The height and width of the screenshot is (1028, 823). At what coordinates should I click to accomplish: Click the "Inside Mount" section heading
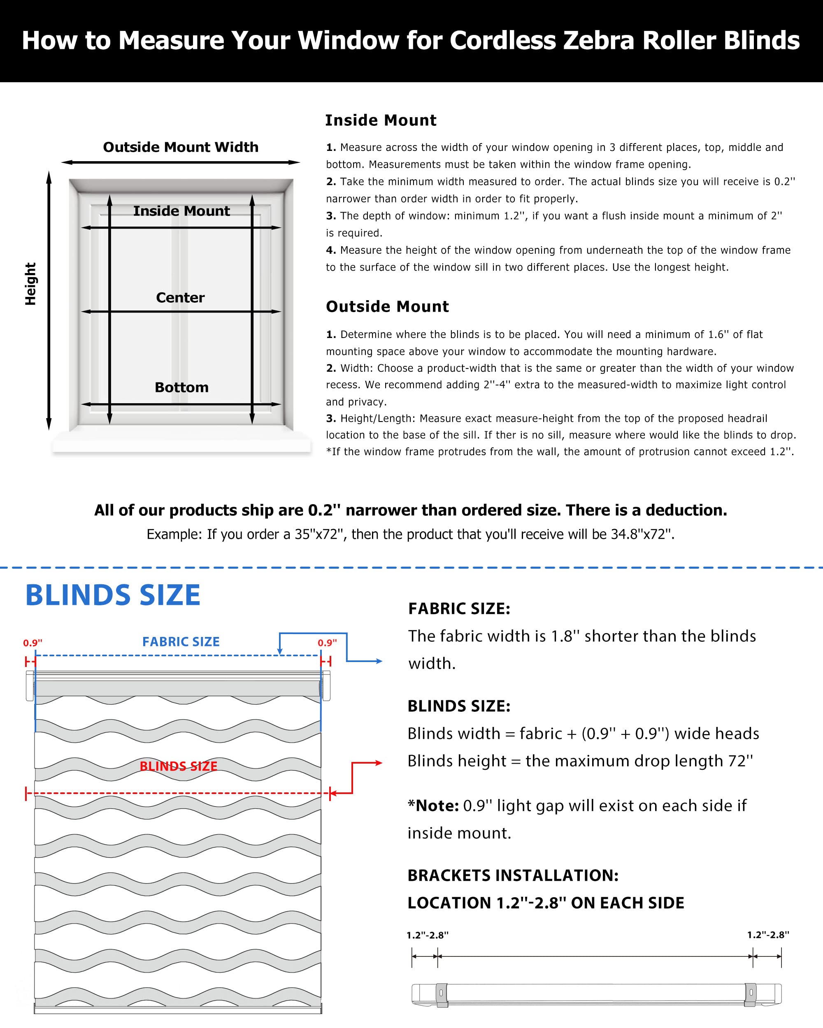[x=380, y=120]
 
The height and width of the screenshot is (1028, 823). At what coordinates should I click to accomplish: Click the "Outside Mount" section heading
[x=387, y=307]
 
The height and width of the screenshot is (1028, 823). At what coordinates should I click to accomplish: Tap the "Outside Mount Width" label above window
[x=180, y=147]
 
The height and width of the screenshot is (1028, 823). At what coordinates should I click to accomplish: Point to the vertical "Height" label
[x=30, y=284]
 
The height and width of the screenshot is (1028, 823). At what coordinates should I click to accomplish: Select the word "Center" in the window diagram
[x=180, y=298]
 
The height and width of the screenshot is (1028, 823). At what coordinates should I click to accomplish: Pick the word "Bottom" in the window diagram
[x=181, y=387]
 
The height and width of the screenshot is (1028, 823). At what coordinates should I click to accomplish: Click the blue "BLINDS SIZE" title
[x=113, y=595]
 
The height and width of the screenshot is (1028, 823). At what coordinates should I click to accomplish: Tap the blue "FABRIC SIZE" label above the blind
[x=181, y=642]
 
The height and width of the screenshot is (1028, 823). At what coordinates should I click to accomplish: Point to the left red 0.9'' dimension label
[x=33, y=643]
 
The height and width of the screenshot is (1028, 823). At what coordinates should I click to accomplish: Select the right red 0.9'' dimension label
[x=327, y=643]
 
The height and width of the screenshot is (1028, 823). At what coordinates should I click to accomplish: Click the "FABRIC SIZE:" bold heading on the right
[x=459, y=609]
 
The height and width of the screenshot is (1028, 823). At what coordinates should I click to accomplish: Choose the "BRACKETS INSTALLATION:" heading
[x=513, y=875]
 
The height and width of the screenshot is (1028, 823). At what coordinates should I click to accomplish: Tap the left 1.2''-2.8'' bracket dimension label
[x=427, y=935]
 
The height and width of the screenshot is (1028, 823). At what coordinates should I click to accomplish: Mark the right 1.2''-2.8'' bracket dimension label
[x=768, y=935]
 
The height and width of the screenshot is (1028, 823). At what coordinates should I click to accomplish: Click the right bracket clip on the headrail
[x=751, y=995]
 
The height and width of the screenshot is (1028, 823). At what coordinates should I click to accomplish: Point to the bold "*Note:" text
[x=433, y=806]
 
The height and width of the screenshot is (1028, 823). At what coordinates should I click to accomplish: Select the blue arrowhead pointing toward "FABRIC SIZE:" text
[x=379, y=661]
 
